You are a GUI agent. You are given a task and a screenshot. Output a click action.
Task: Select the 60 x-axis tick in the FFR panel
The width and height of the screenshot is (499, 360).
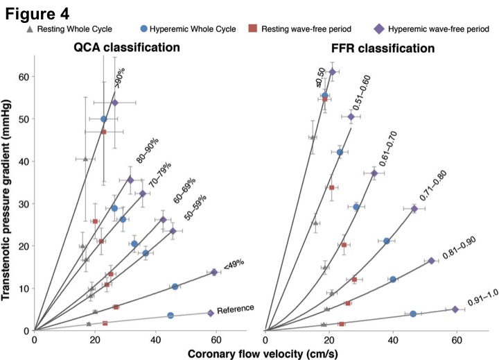coord(457,339)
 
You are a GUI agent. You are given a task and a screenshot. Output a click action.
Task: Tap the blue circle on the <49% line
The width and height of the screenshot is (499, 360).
coord(175,286)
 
